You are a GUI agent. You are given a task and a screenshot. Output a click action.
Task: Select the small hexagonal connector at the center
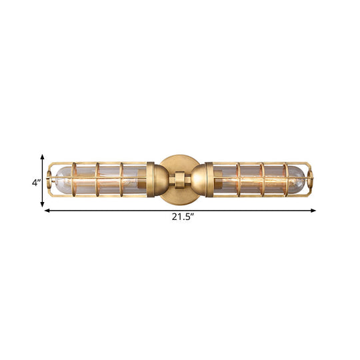click(179, 179)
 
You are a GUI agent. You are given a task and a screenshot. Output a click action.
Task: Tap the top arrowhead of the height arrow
click(43, 157)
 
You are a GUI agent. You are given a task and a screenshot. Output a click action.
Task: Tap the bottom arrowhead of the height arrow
click(43, 205)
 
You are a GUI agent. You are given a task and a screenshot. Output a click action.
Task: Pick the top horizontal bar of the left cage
click(100, 163)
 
